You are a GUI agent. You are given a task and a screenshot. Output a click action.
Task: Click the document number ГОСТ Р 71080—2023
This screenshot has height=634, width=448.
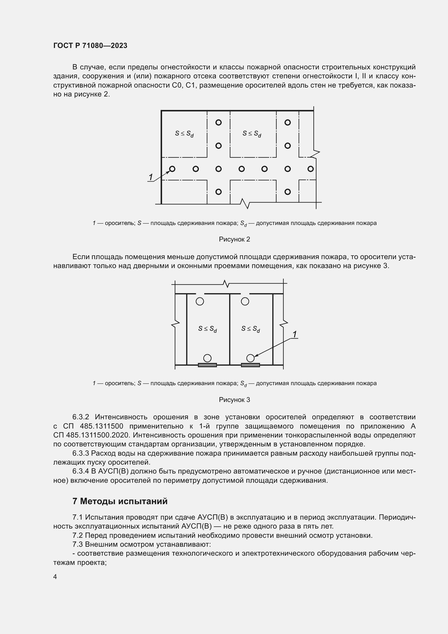(x=90, y=46)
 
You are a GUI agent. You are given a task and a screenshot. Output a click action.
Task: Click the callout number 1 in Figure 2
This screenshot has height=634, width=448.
(x=151, y=177)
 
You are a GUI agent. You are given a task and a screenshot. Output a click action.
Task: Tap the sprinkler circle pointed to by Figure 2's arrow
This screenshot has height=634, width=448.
(x=172, y=169)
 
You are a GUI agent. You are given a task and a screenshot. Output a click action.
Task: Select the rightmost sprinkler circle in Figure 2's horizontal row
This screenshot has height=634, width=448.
(x=311, y=169)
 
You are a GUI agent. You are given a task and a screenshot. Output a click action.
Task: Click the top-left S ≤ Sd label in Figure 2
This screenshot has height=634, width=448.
(x=184, y=134)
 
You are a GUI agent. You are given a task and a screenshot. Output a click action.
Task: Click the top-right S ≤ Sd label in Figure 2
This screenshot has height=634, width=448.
(x=252, y=134)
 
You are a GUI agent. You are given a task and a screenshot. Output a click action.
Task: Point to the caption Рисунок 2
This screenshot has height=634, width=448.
(x=234, y=239)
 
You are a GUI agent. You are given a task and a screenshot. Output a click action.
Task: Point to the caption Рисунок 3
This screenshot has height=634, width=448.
(x=234, y=400)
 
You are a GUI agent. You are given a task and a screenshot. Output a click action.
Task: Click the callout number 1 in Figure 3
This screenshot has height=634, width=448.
(x=295, y=334)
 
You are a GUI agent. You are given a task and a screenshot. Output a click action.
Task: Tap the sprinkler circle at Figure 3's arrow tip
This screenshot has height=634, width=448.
(x=250, y=358)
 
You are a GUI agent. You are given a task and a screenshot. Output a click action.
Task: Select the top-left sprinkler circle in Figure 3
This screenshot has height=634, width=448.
(x=200, y=301)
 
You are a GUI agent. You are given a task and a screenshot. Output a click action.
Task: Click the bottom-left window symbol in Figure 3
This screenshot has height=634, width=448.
(x=207, y=365)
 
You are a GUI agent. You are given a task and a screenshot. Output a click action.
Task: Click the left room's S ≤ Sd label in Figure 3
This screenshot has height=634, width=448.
(x=207, y=329)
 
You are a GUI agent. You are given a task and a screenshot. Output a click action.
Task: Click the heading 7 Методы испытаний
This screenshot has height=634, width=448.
(x=120, y=501)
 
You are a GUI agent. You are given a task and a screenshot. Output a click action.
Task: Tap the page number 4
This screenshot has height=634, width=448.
(x=55, y=577)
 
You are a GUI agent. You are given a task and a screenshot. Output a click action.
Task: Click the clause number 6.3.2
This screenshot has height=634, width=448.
(x=80, y=417)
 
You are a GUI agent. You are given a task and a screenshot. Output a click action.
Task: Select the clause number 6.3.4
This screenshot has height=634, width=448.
(x=80, y=471)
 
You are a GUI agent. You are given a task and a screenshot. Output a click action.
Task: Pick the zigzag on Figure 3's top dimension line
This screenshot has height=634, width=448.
(x=226, y=284)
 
